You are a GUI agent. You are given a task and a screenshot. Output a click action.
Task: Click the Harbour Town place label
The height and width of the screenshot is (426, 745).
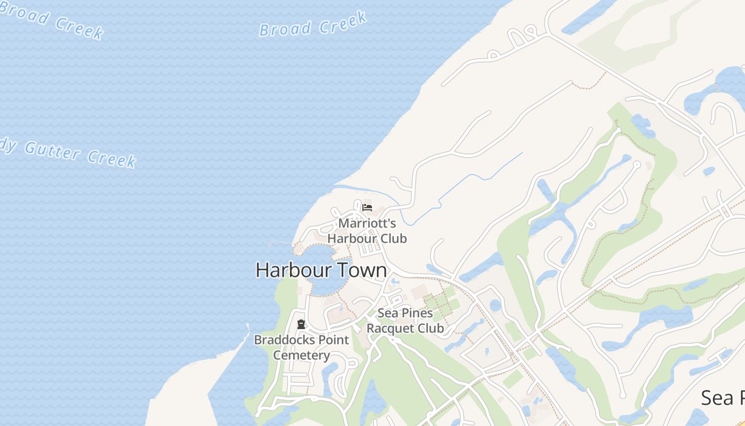321,270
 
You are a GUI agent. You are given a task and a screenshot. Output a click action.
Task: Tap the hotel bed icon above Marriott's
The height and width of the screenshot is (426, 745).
367,208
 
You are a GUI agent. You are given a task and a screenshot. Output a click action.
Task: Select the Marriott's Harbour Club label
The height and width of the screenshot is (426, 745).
367,231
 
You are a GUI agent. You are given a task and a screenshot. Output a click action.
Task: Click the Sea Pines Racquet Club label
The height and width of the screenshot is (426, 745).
405,321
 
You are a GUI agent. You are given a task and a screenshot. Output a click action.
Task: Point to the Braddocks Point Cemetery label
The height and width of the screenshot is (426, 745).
302,347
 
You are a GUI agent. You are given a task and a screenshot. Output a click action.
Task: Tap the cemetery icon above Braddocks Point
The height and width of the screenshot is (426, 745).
301,324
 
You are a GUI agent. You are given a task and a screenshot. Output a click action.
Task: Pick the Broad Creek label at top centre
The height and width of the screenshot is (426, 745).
313,24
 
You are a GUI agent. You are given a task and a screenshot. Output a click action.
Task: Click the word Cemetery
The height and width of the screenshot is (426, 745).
302,355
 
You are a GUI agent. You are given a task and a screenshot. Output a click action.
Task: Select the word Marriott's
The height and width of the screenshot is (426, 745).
367,223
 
